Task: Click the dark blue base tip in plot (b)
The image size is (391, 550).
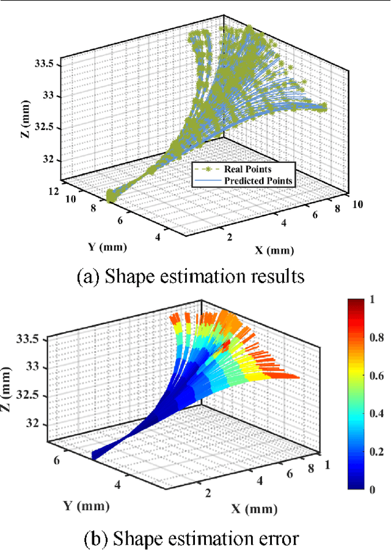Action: (94, 455)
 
